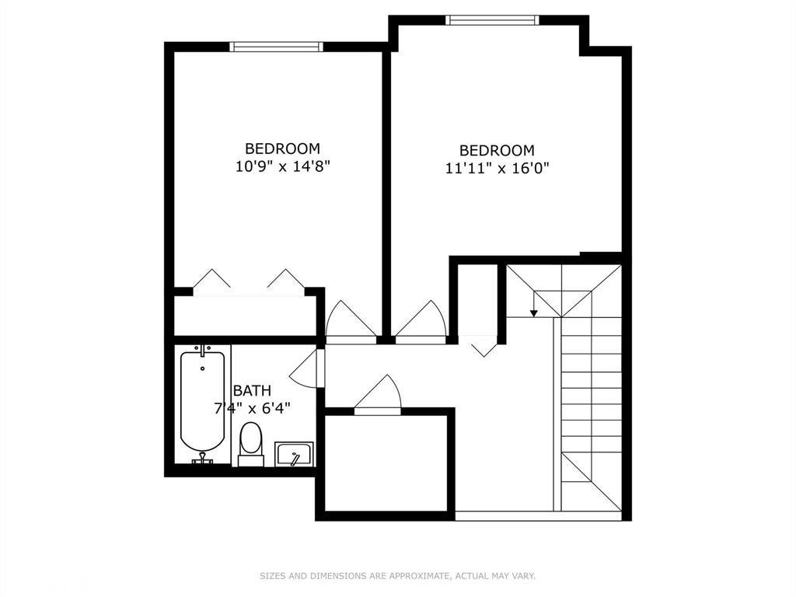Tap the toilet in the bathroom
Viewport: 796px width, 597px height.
(x=250, y=442)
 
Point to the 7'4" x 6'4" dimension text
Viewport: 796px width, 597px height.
(x=253, y=407)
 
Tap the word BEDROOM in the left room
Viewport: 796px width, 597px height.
(x=283, y=148)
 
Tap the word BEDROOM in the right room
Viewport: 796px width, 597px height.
(x=497, y=150)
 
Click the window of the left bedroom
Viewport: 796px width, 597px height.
(x=277, y=47)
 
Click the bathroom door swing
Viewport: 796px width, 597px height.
(x=305, y=367)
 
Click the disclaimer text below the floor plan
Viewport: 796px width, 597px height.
(x=397, y=576)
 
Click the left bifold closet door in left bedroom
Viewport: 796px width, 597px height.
(x=211, y=279)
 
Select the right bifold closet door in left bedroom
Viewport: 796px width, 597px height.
(x=285, y=279)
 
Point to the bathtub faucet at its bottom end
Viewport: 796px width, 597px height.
(x=202, y=459)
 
